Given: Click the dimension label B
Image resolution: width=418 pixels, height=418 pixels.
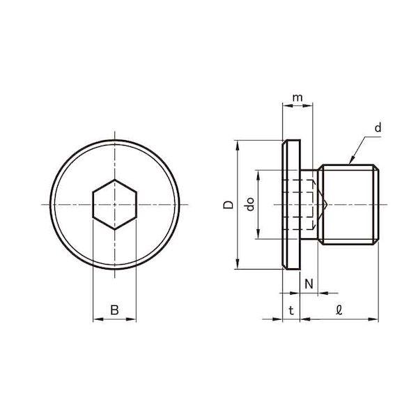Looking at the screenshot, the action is [x=115, y=310].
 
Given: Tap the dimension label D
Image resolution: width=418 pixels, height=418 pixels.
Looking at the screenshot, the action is [x=229, y=204].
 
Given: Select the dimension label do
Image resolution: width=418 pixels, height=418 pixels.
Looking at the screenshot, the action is [x=250, y=204].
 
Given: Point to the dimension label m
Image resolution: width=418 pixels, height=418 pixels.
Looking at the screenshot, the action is [x=297, y=98].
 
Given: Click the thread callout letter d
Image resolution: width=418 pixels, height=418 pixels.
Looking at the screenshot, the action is [x=378, y=127].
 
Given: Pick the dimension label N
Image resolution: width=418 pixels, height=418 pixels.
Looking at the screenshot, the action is [x=309, y=284].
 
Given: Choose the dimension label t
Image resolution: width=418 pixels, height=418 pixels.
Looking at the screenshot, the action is [x=291, y=311].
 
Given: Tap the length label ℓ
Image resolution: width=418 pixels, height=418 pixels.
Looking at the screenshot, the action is [x=339, y=310].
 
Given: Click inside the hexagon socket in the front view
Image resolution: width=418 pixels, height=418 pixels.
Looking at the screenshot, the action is [x=115, y=204].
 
